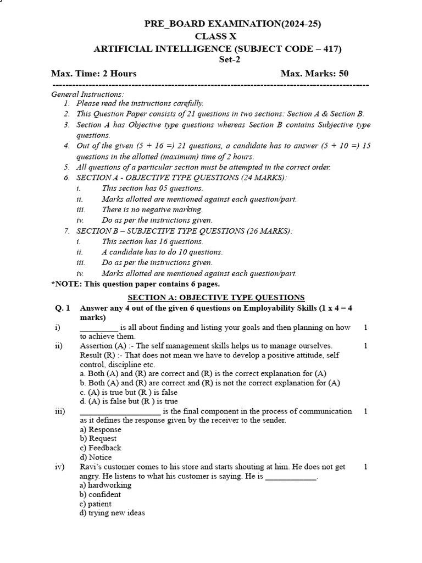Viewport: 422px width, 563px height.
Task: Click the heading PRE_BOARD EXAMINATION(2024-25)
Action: (232, 24)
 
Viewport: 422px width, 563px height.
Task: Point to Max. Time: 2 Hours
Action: (94, 73)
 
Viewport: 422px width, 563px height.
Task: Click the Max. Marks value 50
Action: (343, 73)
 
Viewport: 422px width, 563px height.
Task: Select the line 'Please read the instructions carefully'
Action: (140, 103)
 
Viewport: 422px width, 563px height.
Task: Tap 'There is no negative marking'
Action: (152, 209)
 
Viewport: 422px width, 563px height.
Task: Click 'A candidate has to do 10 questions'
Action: (162, 252)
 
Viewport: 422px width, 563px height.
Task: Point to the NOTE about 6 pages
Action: (135, 284)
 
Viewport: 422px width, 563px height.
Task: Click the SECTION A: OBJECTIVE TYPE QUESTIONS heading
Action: (216, 297)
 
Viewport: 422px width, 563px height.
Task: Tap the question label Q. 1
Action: (62, 308)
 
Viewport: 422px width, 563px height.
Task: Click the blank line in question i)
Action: (98, 328)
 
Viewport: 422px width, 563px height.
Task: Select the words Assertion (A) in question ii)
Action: (102, 346)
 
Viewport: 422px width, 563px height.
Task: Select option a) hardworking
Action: (105, 485)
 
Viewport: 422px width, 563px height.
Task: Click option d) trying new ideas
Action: (112, 513)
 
